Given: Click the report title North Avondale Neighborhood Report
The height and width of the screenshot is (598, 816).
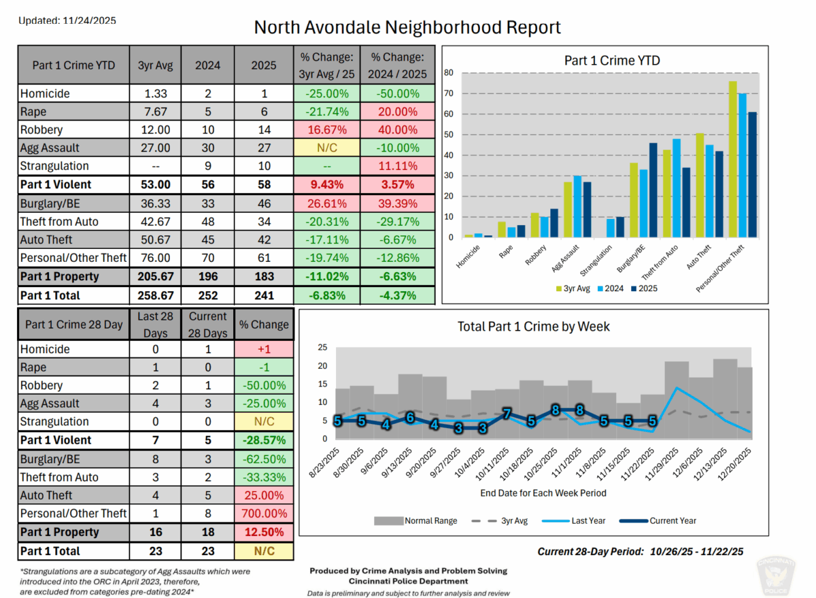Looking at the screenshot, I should pos(407,27).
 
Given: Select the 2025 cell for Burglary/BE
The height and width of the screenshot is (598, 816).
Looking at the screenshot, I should pos(264,203).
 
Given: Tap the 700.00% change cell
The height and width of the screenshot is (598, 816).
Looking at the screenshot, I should pos(265,514).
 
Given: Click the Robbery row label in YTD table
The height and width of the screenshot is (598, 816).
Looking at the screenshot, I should pos(41,130).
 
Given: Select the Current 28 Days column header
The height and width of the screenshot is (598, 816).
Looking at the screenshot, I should pos(207,325).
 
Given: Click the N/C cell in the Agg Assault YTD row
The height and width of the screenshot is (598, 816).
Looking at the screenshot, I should pos(326,148).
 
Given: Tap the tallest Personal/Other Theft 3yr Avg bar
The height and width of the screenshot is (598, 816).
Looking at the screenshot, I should pos(732,159).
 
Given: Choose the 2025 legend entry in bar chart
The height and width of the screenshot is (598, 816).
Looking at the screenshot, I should pos(642,288).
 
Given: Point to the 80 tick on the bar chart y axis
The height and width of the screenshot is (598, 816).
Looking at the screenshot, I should pos(448,72).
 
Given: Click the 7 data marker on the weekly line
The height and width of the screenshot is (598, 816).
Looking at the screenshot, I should pos(506,414).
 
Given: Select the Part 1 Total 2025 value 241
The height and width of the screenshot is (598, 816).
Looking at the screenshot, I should pos(264,295).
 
